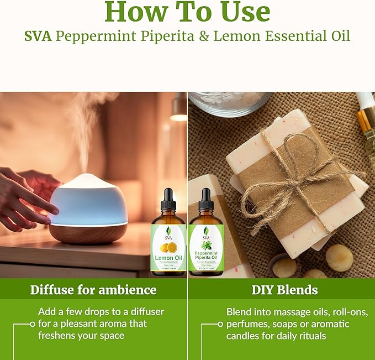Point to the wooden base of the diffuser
pyautogui.click(x=88, y=232)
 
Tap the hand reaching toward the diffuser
pyautogui.click(x=28, y=194)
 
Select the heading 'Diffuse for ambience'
pyautogui.click(x=93, y=290)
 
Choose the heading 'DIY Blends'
pyautogui.click(x=281, y=290)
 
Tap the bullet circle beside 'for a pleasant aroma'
pyautogui.click(x=33, y=324)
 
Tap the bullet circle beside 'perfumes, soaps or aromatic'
pyautogui.click(x=220, y=324)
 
